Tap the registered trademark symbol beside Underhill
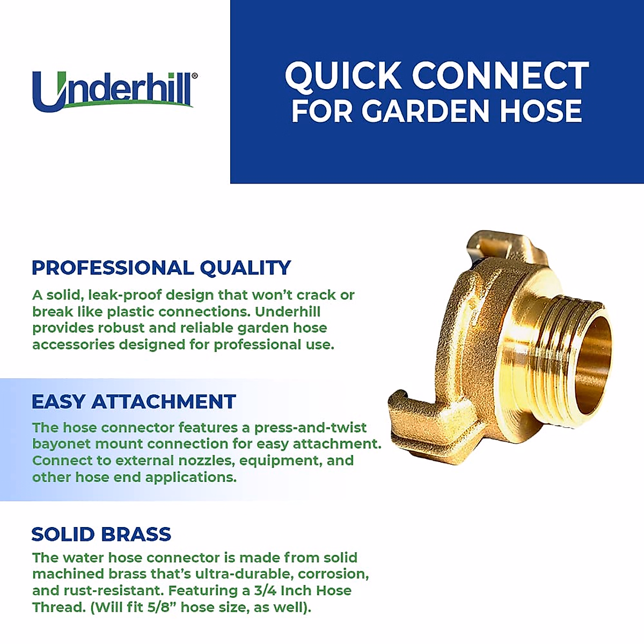tap(195, 76)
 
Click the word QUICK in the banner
tap(343, 76)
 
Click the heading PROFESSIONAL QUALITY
tap(161, 268)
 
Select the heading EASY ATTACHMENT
tap(134, 401)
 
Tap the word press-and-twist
tap(311, 428)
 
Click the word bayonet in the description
tap(61, 444)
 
